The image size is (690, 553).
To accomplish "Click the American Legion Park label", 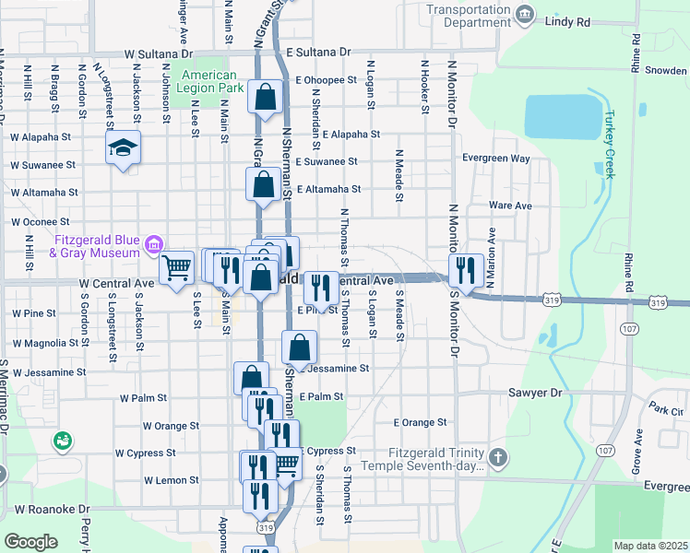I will click(x=212, y=81).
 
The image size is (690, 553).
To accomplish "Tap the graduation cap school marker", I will click(x=123, y=147).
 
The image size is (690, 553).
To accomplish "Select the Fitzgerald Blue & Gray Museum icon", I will click(x=153, y=245).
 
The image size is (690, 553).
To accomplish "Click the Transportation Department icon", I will click(x=525, y=13).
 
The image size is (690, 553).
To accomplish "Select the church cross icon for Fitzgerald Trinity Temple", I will click(x=498, y=458).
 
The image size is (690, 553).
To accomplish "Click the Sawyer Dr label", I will click(x=535, y=393).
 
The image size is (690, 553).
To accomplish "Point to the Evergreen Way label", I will click(x=496, y=159).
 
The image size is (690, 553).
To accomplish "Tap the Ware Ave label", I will click(x=510, y=206).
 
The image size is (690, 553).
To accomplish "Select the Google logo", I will click(x=30, y=542).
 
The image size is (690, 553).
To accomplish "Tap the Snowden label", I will click(x=666, y=70).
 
